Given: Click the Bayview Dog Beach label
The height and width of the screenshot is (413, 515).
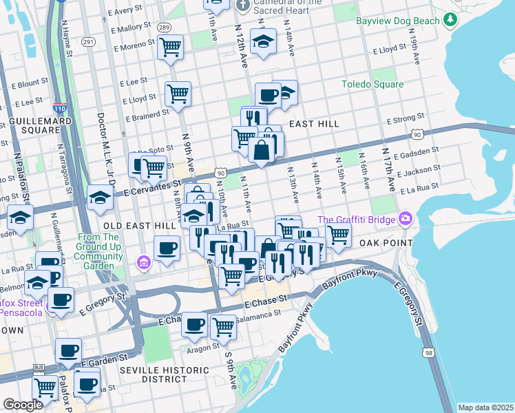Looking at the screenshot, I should (397, 21).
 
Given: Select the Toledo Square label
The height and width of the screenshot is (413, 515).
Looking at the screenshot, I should (372, 85).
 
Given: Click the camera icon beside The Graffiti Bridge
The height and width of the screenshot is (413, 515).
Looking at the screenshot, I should (405, 219).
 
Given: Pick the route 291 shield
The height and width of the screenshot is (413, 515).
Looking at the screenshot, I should (87, 42).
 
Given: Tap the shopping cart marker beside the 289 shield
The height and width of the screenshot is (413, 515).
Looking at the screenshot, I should (170, 47).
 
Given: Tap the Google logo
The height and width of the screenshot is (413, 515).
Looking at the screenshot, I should (23, 405).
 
